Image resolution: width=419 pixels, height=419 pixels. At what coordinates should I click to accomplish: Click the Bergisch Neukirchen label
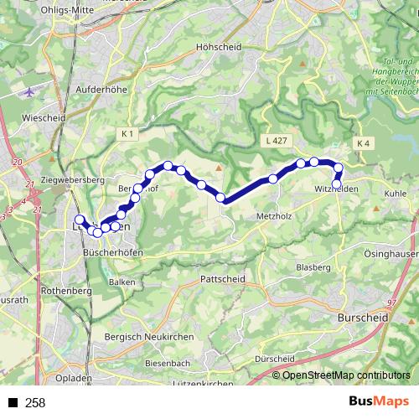tap(158, 335)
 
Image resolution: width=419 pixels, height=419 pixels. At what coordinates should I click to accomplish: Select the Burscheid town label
tap(359, 318)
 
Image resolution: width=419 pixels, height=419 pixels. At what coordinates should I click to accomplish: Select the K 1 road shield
tap(127, 133)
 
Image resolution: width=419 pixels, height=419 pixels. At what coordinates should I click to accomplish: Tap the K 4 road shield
tap(362, 144)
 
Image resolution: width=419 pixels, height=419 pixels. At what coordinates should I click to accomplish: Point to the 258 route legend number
tap(35, 403)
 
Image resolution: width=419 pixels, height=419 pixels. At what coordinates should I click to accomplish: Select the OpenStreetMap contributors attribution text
tap(347, 375)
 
